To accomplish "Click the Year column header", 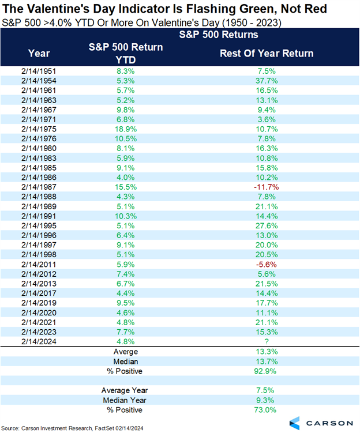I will (39, 53).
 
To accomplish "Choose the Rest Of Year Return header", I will (267, 53).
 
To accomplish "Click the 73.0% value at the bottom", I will (267, 409).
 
